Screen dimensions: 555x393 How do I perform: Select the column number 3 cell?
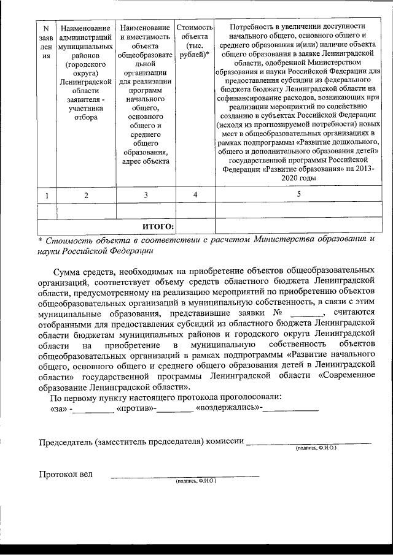[x=146, y=195]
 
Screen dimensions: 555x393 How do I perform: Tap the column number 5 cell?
[x=298, y=194]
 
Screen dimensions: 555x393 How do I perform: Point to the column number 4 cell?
[x=195, y=195]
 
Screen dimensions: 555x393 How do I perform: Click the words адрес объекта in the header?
[x=146, y=162]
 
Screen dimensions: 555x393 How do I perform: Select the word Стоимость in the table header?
[x=195, y=28]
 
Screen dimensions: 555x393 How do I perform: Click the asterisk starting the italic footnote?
[x=40, y=240]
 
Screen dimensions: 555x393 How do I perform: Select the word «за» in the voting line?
[x=58, y=408]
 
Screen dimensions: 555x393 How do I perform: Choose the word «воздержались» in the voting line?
[x=227, y=408]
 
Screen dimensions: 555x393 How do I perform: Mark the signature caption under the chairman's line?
[x=316, y=448]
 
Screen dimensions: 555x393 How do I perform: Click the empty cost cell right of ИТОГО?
[x=195, y=227]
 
